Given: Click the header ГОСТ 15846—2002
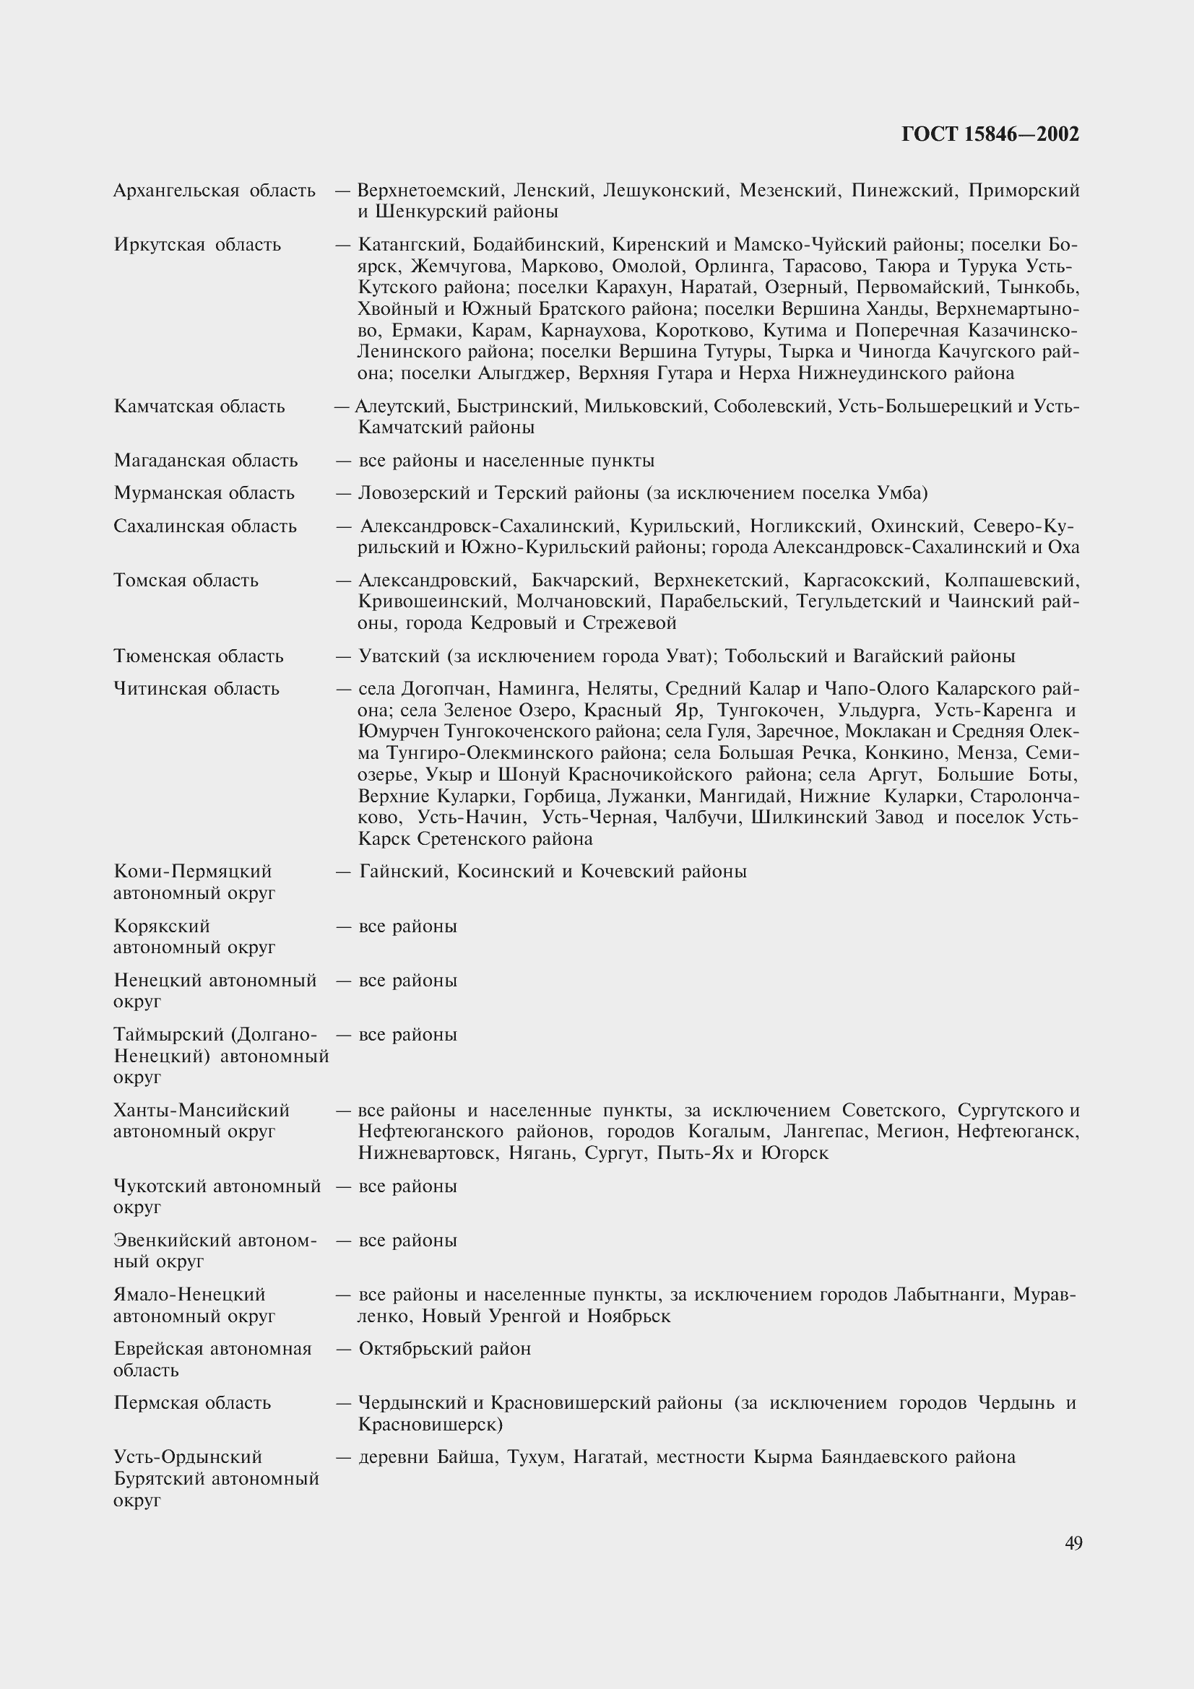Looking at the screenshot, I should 990,134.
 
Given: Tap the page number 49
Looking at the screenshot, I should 1073,1542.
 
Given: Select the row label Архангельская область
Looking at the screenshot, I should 214,191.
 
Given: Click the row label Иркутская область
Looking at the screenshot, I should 197,245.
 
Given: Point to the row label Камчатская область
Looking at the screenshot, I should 199,407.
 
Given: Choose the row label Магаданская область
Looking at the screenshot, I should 205,461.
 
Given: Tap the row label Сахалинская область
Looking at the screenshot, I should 204,526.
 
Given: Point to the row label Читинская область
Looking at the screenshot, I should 196,690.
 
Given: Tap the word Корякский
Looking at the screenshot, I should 162,926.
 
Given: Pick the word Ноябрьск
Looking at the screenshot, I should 628,1316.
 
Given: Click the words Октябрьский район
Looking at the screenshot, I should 444,1349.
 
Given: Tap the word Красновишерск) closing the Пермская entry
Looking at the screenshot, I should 430,1425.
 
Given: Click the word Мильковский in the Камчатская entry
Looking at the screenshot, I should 644,407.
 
